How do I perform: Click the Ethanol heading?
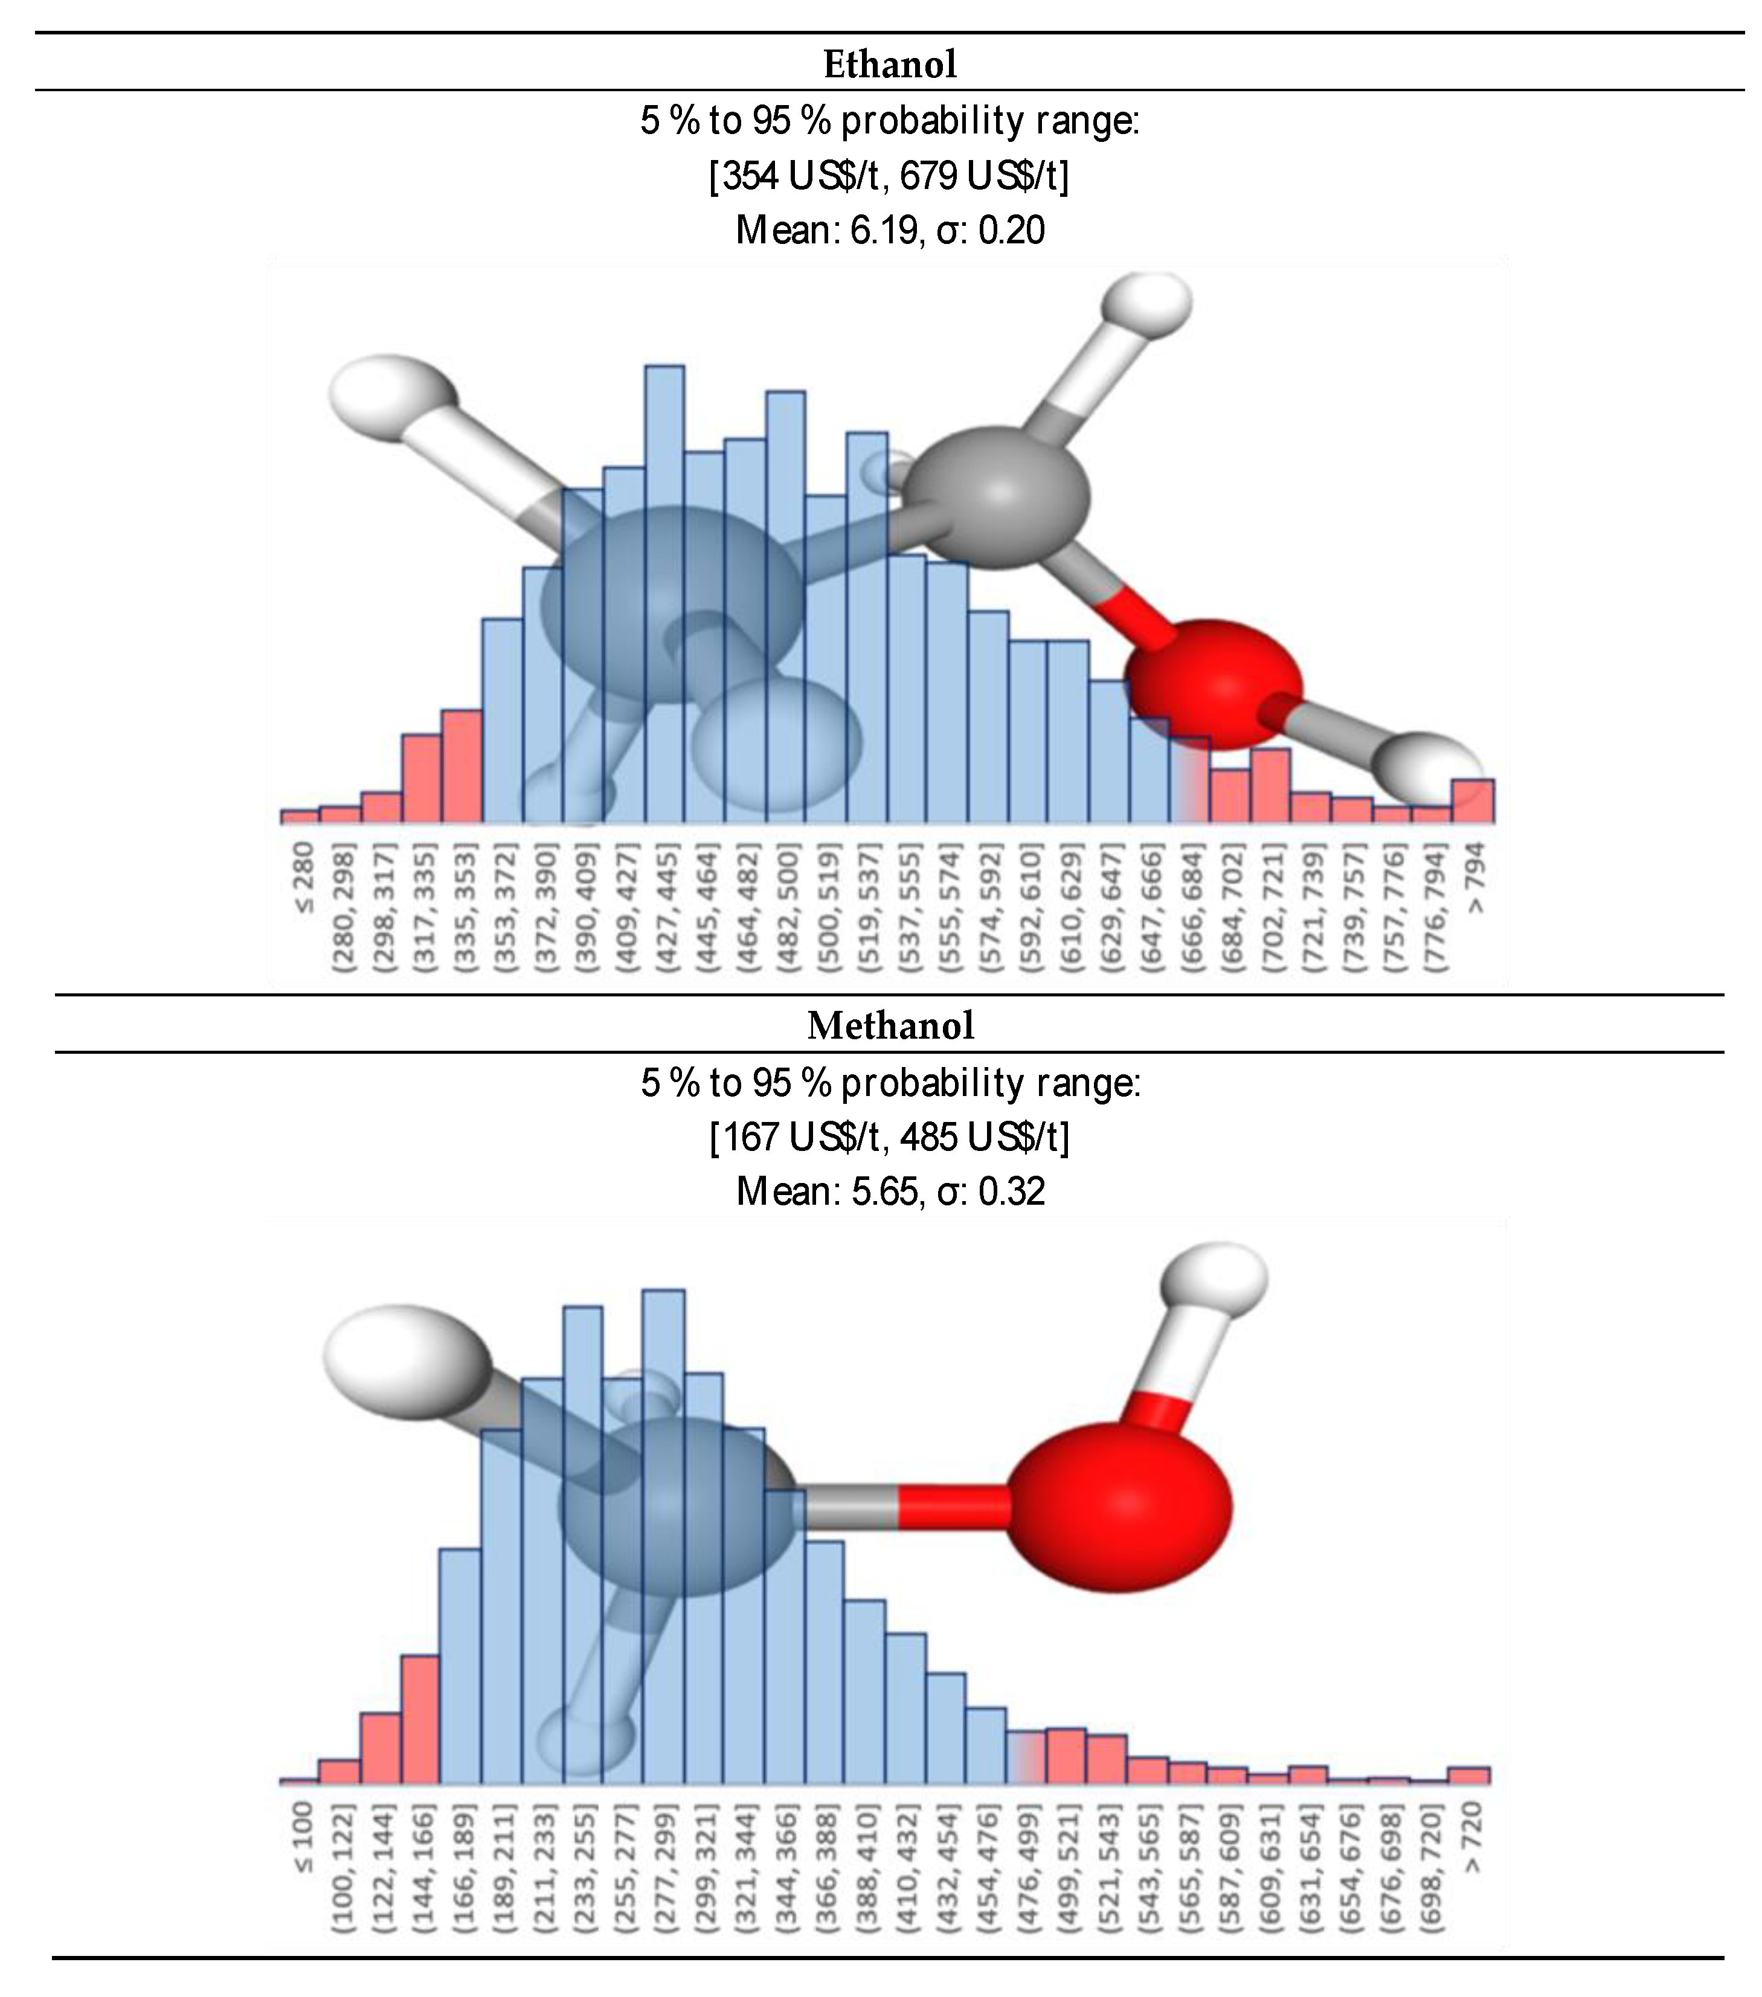click(x=889, y=65)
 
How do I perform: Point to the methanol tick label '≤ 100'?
click(x=303, y=1838)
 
